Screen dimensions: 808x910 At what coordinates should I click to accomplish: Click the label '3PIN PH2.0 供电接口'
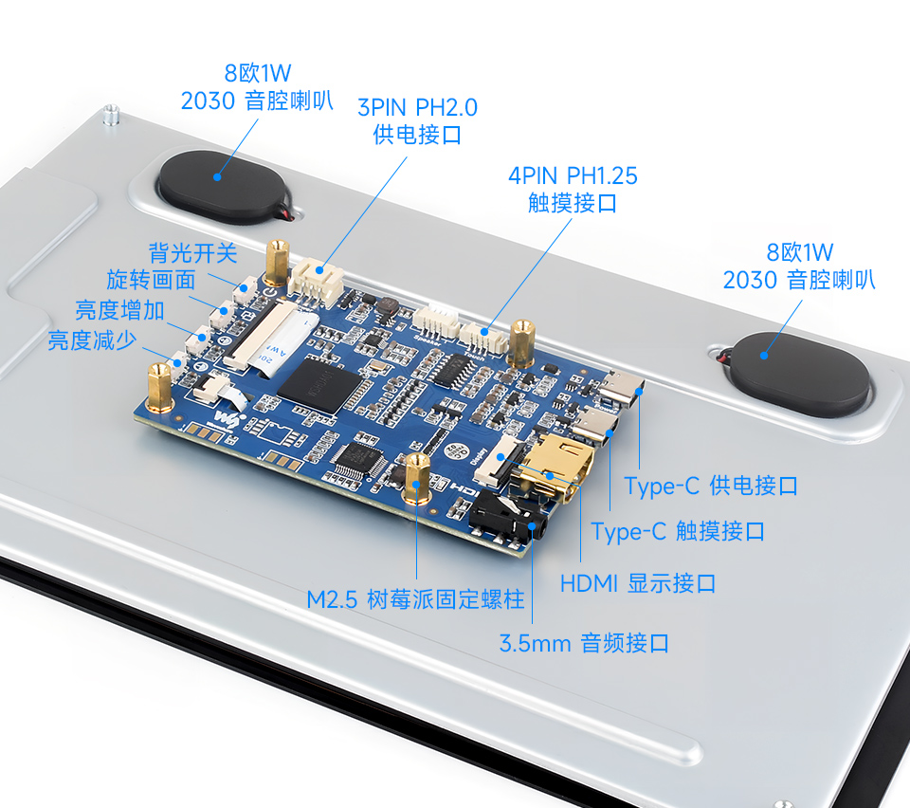click(417, 120)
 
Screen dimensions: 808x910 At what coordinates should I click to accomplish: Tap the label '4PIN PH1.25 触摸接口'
click(573, 189)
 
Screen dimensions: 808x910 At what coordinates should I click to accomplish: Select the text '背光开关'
click(192, 253)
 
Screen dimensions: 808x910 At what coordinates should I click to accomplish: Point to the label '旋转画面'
click(151, 281)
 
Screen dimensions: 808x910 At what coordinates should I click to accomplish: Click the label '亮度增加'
click(120, 311)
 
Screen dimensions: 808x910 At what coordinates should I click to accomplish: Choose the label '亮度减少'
click(93, 340)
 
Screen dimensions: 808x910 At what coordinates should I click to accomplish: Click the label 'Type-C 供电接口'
click(711, 487)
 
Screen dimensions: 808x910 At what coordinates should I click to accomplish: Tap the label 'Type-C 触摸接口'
click(678, 532)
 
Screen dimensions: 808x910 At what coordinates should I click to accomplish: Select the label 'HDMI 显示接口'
click(638, 583)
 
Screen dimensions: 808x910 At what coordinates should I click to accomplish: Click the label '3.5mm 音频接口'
click(584, 644)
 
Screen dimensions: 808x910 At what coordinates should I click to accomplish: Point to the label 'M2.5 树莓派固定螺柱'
click(415, 600)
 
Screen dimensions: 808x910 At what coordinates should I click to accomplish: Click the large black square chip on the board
click(319, 384)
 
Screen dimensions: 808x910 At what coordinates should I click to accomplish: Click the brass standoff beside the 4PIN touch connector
click(521, 343)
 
